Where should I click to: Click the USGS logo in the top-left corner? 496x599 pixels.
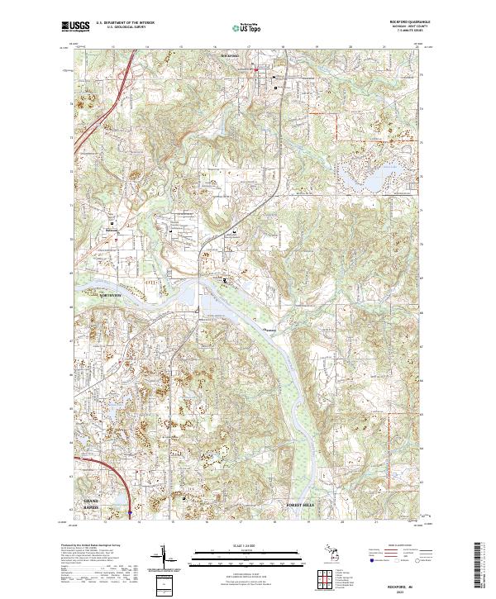[x=75, y=27]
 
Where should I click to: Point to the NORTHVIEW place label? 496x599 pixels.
[x=110, y=295]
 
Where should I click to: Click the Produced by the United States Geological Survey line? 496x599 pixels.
[x=92, y=547]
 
